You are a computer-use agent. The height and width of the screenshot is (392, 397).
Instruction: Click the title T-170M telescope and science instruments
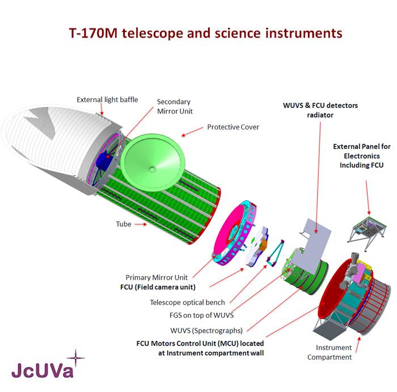(205, 33)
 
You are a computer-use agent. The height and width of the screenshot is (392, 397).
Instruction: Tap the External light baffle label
(107, 100)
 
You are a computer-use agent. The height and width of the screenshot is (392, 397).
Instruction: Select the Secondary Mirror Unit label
(174, 106)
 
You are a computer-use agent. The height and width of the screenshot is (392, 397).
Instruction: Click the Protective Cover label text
(233, 127)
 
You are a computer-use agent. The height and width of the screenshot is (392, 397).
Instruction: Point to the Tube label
(124, 224)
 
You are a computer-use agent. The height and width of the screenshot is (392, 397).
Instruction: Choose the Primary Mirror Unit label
(157, 277)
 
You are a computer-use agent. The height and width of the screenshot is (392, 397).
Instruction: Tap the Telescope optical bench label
(187, 302)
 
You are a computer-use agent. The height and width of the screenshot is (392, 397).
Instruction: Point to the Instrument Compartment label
(330, 352)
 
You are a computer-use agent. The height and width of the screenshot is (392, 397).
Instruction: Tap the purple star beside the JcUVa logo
(75, 358)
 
